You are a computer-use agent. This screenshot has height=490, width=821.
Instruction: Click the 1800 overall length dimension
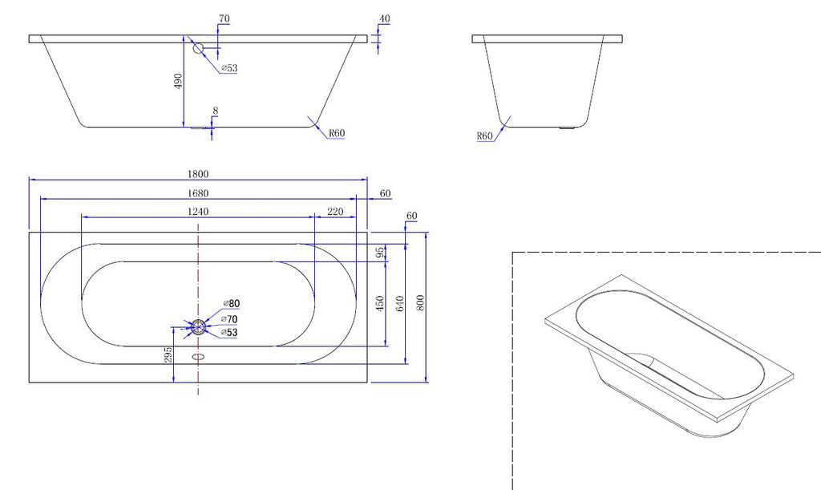click(x=198, y=174)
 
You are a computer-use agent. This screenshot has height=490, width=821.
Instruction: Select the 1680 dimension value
click(x=198, y=193)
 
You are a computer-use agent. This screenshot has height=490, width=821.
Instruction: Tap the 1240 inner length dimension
click(x=198, y=212)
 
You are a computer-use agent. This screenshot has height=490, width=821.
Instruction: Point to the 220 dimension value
click(x=335, y=212)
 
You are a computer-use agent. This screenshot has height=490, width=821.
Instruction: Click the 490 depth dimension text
click(x=179, y=81)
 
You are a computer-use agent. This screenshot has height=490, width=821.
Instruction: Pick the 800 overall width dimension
click(x=420, y=302)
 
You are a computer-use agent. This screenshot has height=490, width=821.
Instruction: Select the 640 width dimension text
click(x=400, y=304)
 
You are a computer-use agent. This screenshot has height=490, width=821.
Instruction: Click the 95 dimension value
click(x=381, y=253)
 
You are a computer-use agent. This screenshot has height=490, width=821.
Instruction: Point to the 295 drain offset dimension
click(x=168, y=355)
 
